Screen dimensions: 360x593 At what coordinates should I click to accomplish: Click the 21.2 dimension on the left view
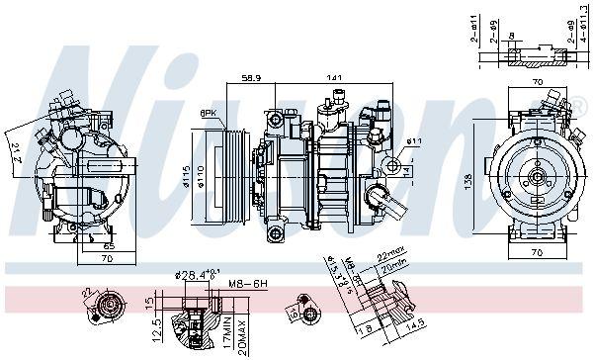(16, 152)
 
